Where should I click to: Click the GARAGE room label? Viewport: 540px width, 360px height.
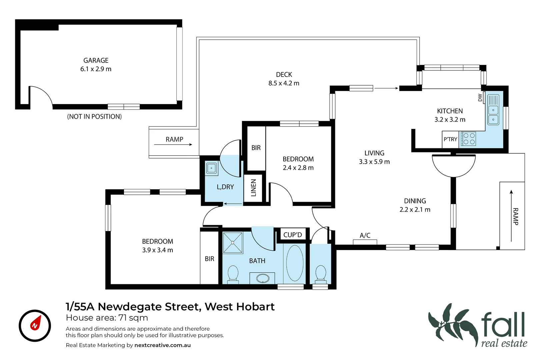tap(96, 60)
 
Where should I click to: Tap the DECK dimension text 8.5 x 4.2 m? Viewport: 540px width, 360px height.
tap(284, 83)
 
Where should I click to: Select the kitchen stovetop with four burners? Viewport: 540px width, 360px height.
tap(468, 139)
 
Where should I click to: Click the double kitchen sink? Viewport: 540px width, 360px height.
tap(493, 109)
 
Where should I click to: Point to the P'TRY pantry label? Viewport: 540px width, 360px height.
tap(450, 139)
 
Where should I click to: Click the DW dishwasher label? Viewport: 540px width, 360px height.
tap(480, 98)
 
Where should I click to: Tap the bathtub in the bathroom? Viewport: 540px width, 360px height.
tap(295, 263)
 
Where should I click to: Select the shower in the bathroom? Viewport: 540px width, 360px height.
tap(233, 243)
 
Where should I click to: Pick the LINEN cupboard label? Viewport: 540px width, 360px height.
tap(253, 188)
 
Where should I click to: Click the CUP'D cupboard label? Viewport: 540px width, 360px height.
tap(293, 235)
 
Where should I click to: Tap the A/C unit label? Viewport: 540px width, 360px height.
tap(365, 235)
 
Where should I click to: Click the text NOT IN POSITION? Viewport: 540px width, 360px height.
tap(94, 117)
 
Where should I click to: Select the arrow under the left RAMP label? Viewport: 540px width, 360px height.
tap(173, 145)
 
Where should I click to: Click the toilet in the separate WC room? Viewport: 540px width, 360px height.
tap(321, 274)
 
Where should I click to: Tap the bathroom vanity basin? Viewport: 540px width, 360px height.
tap(262, 278)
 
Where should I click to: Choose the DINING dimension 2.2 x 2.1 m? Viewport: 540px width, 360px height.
tap(415, 210)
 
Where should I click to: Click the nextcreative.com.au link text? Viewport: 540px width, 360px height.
tap(162, 345)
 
